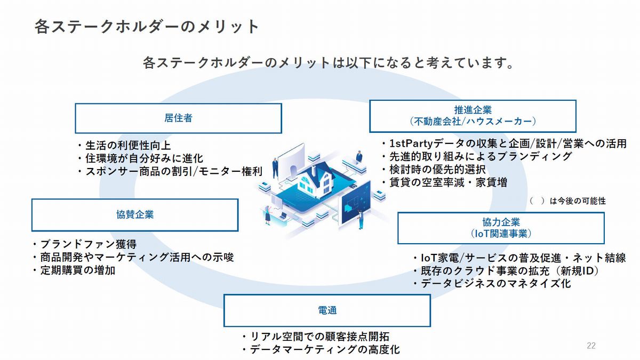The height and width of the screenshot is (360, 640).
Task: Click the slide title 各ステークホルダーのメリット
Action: click(147, 27)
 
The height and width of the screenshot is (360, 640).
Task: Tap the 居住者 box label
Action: click(178, 118)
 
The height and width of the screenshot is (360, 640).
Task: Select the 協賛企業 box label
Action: click(135, 214)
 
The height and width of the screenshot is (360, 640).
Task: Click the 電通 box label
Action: click(327, 310)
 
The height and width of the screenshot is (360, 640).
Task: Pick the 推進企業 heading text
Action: click(473, 110)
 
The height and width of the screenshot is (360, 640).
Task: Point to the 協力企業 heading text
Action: click(501, 222)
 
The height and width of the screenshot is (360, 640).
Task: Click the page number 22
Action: click(591, 346)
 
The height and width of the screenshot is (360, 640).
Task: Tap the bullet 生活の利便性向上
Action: click(128, 146)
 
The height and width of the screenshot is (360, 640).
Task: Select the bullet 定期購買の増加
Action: click(78, 270)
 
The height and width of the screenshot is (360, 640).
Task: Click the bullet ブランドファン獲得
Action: click(89, 244)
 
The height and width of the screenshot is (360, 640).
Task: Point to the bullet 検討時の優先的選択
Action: click(437, 170)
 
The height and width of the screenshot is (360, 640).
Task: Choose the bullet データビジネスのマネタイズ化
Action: click(495, 283)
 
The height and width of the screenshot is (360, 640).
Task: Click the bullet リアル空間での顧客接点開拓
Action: click(319, 337)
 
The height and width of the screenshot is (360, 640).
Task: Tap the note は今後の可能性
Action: click(578, 201)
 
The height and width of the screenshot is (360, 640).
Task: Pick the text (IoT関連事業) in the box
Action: click(501, 234)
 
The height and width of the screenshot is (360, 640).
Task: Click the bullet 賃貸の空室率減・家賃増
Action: click(449, 182)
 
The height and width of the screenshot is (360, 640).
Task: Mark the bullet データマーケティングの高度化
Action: click(325, 349)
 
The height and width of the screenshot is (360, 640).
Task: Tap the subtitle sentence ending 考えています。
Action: click(329, 62)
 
